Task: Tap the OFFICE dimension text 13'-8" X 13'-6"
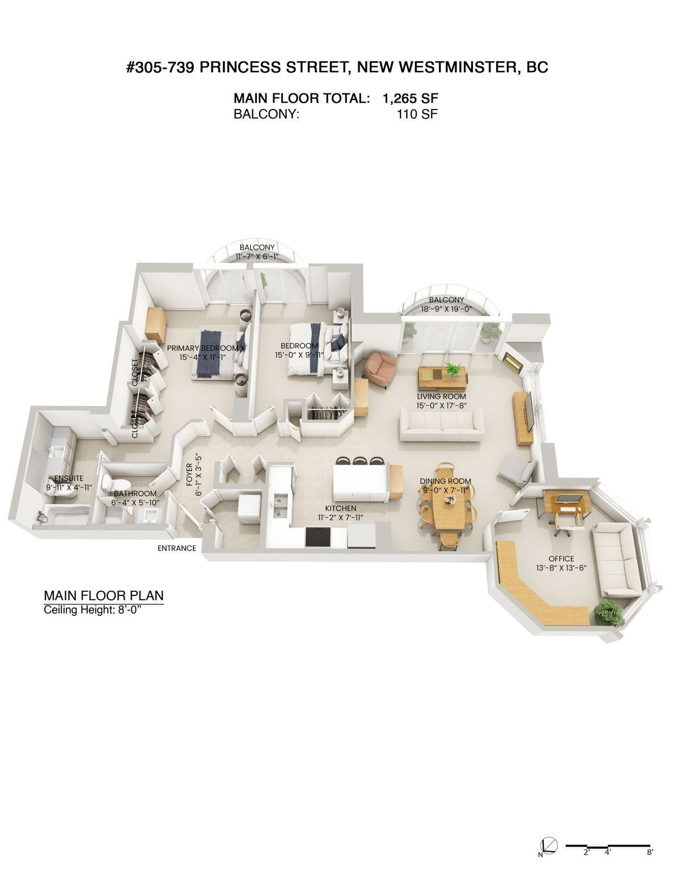560,568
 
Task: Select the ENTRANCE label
177,548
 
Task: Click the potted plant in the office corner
608,612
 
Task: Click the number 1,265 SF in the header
410,99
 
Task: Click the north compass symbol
548,859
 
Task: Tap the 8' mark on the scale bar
649,865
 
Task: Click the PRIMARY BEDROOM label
202,348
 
